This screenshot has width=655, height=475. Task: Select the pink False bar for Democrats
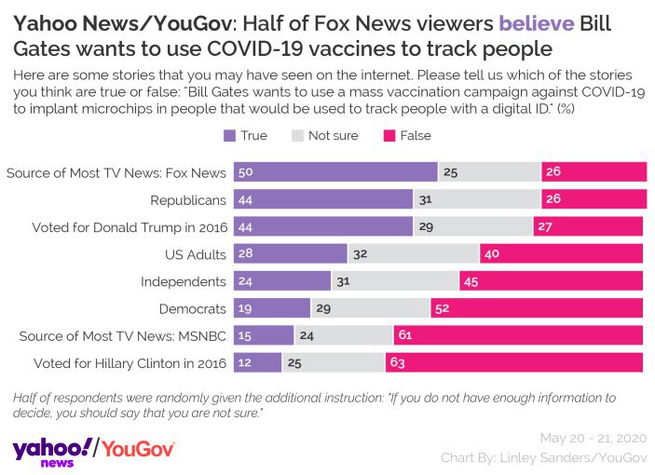click(x=537, y=308)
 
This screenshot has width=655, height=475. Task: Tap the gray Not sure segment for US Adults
click(x=414, y=254)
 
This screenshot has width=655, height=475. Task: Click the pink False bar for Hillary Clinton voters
click(x=514, y=362)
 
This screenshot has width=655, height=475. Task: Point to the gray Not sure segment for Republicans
click(x=476, y=200)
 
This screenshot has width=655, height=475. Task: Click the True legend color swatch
click(x=230, y=136)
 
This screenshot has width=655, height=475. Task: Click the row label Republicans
click(x=188, y=200)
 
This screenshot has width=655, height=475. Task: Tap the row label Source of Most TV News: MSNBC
click(x=116, y=335)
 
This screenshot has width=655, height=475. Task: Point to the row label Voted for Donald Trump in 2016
click(x=129, y=227)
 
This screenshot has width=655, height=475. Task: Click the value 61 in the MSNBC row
click(x=405, y=335)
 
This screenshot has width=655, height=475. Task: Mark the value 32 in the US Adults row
click(x=361, y=254)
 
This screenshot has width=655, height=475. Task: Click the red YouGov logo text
click(x=137, y=448)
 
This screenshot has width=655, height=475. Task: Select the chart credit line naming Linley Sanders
click(x=544, y=457)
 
